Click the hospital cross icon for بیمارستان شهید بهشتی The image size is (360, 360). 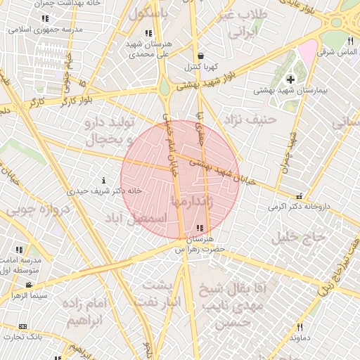[290, 79]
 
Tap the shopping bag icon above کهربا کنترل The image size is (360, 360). [202, 55]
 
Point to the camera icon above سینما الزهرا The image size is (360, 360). [28, 285]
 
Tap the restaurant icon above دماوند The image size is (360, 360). [300, 327]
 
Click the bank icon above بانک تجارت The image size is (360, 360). [23, 327]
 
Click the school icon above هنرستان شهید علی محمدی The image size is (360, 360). [148, 32]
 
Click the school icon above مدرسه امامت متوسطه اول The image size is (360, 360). [19, 250]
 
